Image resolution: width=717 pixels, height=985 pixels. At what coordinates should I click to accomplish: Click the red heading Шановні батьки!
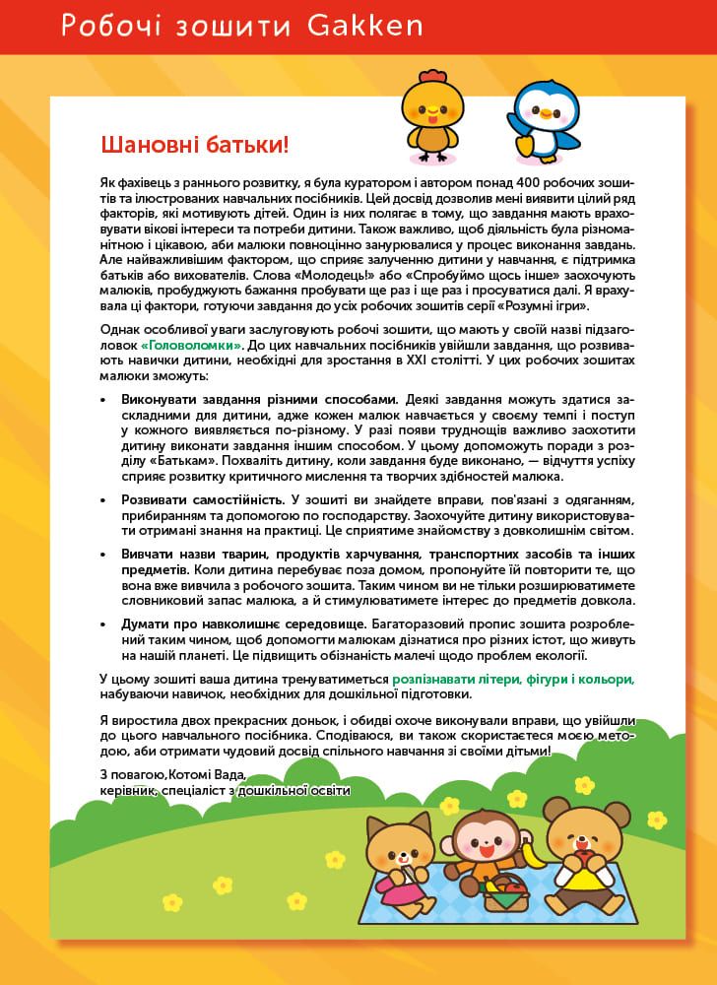click(195, 146)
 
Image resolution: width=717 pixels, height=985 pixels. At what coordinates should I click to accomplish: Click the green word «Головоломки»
click(191, 346)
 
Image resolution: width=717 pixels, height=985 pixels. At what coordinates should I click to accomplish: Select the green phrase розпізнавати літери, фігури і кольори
click(512, 680)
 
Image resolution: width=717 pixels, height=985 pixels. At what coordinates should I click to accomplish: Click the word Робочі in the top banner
click(102, 27)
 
